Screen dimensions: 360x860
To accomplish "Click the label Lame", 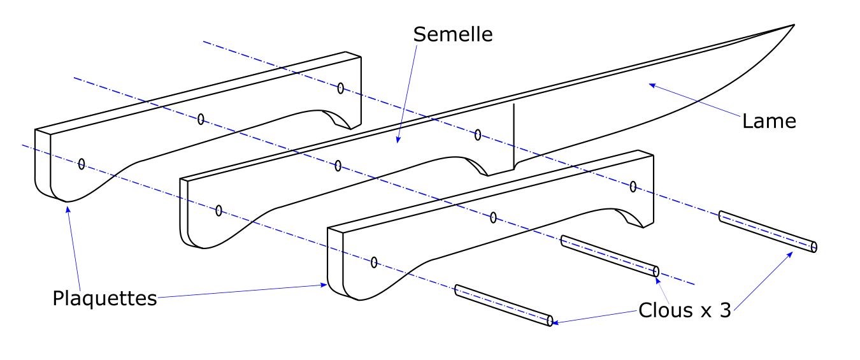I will [769, 120].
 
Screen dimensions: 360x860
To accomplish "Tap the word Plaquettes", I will [104, 298].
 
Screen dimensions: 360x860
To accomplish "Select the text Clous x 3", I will [684, 311].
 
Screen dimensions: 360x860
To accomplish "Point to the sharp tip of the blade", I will [793, 25].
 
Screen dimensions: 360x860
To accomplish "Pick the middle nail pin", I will [610, 256].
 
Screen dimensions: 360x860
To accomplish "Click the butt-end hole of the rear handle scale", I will [82, 164].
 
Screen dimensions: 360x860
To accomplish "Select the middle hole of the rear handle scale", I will [201, 119].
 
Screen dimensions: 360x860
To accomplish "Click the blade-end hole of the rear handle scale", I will [341, 88].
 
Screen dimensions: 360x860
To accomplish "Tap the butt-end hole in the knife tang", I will [219, 210].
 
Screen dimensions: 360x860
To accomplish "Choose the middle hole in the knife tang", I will [338, 166].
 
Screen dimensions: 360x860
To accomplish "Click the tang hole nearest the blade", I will [478, 134].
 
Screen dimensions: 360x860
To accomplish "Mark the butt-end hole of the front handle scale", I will [374, 262].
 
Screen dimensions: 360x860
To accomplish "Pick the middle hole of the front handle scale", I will [493, 218].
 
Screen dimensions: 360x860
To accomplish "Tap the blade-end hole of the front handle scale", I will [633, 186].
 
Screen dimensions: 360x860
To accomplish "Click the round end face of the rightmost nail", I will [813, 247].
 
